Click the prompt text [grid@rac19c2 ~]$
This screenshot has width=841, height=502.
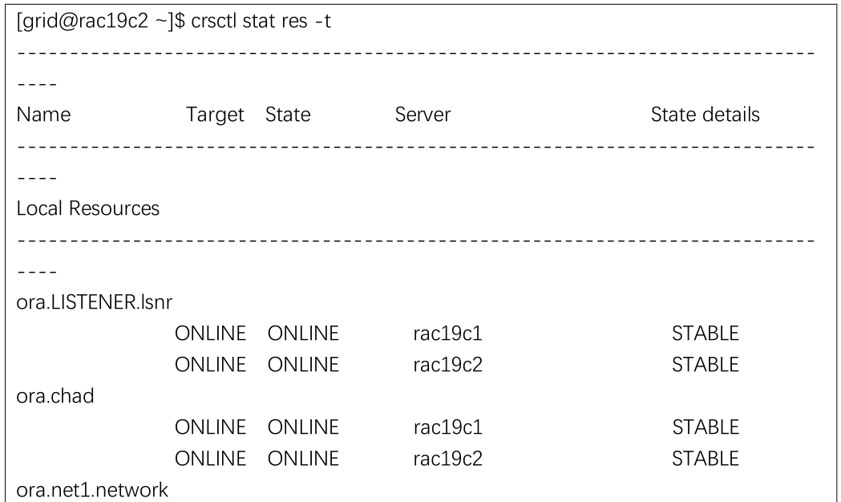(101, 22)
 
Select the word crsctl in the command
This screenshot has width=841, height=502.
(214, 21)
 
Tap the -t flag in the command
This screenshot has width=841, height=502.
(323, 22)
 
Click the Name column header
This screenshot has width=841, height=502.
(43, 114)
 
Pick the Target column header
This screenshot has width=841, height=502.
(215, 115)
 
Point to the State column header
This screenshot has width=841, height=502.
(288, 114)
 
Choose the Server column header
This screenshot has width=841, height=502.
(423, 114)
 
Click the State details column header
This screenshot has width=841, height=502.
(706, 114)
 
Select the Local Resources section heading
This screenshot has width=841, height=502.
(88, 208)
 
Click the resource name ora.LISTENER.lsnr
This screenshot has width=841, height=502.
(95, 302)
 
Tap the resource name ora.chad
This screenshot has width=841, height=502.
(55, 396)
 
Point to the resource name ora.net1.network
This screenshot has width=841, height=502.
(92, 490)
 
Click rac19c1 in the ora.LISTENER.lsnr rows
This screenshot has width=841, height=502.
(448, 333)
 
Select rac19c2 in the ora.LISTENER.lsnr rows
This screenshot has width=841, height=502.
(448, 365)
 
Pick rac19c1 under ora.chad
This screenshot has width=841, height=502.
(448, 427)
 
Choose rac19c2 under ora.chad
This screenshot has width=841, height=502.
(448, 459)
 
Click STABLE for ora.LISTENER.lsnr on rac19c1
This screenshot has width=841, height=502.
(706, 333)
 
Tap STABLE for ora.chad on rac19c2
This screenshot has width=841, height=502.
(706, 459)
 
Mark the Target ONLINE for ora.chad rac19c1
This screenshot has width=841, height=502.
(210, 427)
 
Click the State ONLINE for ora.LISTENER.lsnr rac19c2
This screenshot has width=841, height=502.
(303, 365)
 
